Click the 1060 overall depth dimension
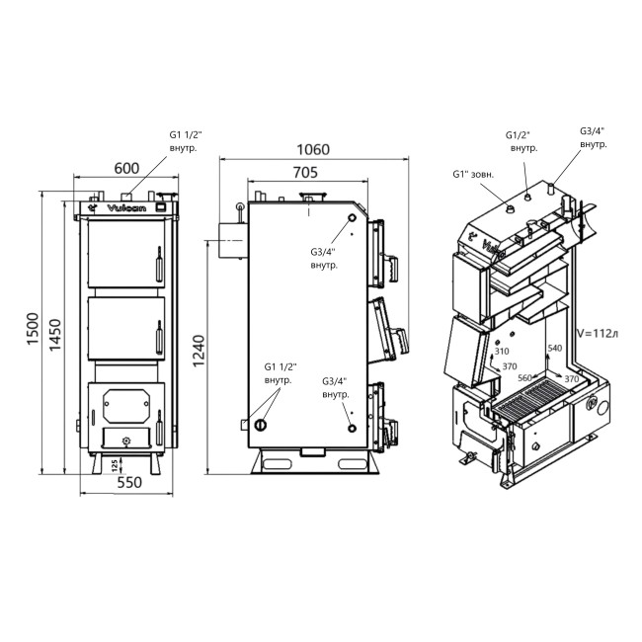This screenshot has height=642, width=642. [313, 150]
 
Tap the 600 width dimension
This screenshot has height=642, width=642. [125, 168]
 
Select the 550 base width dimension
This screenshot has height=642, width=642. [125, 485]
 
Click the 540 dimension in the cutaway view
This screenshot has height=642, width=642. [554, 348]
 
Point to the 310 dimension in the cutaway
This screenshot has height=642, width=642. [502, 352]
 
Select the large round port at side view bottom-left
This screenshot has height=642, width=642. [260, 425]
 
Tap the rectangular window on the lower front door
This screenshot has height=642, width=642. [123, 401]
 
